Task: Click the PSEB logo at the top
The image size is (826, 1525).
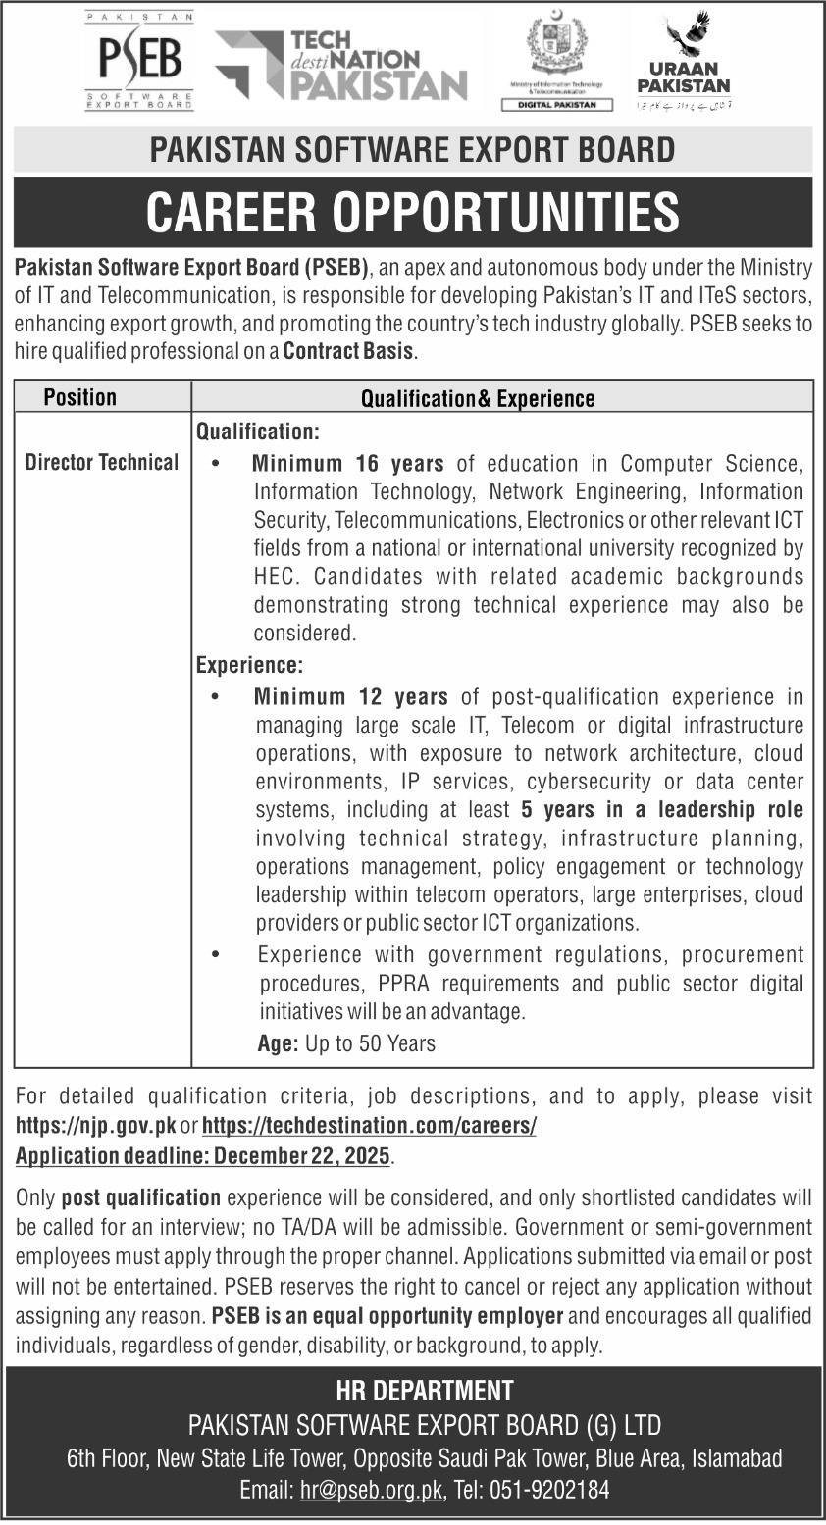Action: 139,61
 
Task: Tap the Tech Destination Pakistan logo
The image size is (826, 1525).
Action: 340,65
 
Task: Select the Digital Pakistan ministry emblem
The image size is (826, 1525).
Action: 556,61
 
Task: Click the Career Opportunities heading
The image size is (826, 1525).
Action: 412,212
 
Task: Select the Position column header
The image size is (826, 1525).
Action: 80,397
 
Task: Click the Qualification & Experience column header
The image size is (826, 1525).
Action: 478,398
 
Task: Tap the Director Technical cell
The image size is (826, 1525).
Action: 102,462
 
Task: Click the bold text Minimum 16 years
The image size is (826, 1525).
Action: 348,463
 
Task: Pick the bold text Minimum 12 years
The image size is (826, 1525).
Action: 351,697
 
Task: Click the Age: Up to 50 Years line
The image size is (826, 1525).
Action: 346,1043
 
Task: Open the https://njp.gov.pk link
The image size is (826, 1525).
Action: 96,1126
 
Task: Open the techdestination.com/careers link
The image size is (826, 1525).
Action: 374,1126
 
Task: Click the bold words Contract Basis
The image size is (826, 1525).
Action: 348,351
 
